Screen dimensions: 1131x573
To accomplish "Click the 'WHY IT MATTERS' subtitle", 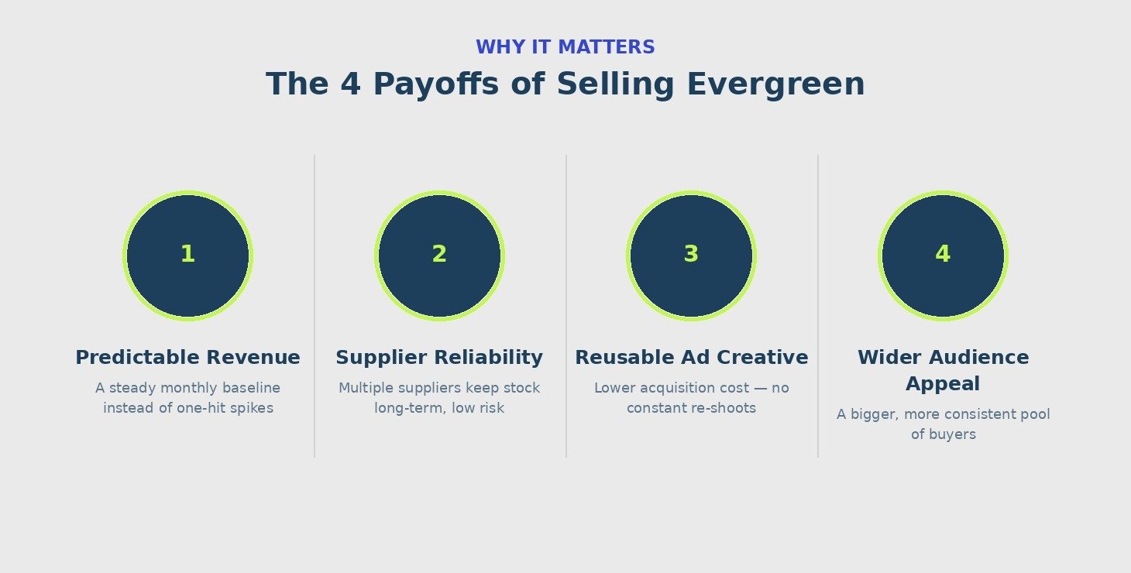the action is coord(565,47).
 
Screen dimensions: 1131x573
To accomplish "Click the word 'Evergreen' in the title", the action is coord(776,84).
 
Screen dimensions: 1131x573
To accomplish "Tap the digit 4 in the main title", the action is coord(351,84).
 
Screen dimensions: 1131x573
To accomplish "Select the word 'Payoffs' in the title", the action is coord(436,84).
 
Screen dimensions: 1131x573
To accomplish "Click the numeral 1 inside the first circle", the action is coord(187,254).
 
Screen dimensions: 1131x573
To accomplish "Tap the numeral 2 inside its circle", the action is coord(439,254).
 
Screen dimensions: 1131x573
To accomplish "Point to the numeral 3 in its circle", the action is coord(691,254).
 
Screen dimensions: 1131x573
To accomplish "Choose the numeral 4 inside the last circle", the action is coord(943,254).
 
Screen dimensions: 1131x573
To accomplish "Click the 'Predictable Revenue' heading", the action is coord(187,358).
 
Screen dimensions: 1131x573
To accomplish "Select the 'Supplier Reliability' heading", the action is coord(439,358).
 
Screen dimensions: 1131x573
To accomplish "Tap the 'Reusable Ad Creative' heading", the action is coord(691,358).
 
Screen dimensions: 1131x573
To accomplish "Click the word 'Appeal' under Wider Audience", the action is coord(943,384).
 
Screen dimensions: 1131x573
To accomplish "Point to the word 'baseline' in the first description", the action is coord(251,388).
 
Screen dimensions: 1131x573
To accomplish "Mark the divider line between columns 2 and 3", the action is coord(566,306).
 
